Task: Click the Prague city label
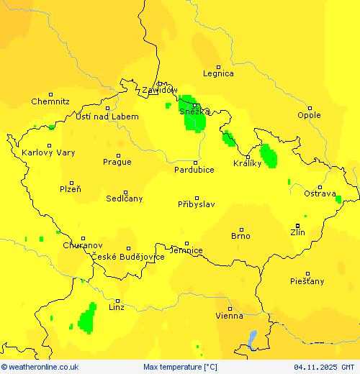(117, 163)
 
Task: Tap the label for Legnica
(218, 73)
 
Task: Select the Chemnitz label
(50, 102)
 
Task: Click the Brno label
(240, 236)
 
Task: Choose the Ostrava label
(320, 194)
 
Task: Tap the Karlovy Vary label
(48, 153)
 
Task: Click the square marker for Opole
(310, 106)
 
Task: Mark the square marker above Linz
(117, 299)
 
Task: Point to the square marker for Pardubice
(194, 162)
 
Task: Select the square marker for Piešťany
(307, 273)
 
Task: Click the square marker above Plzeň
(71, 183)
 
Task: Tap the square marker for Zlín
(298, 225)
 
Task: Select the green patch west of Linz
(88, 318)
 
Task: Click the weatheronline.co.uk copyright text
(40, 368)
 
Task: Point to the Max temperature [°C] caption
(180, 368)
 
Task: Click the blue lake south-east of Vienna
(251, 338)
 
